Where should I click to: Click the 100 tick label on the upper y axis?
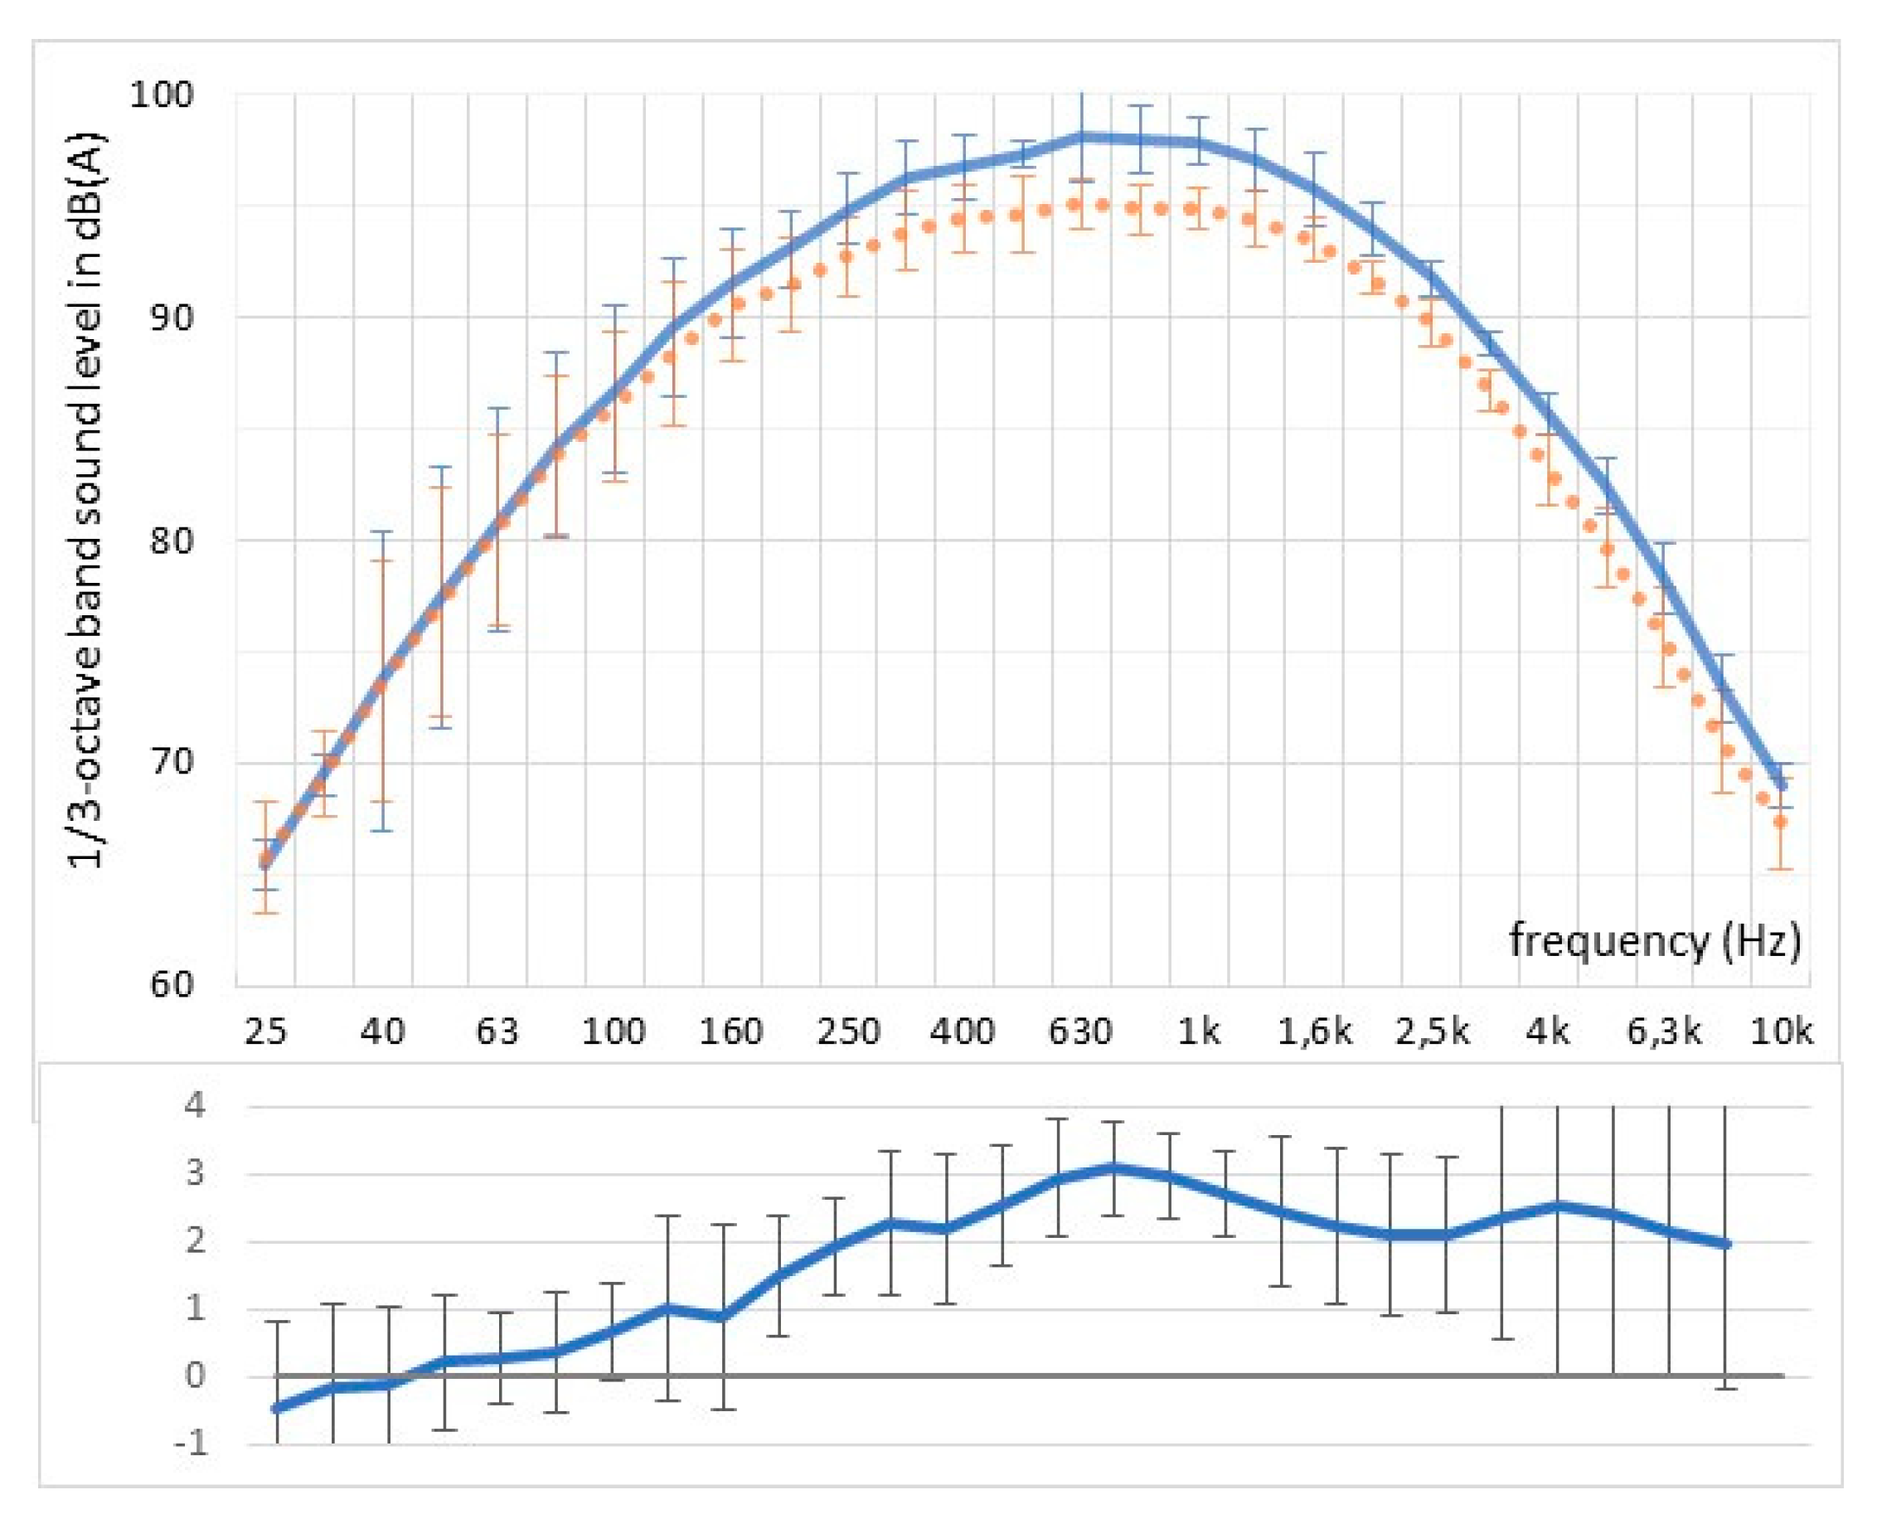click(x=161, y=95)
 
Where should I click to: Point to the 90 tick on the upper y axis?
click(x=170, y=317)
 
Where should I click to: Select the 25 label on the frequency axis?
click(x=265, y=1032)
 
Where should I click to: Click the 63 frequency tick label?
click(x=497, y=1032)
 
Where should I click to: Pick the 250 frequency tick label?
click(x=848, y=1032)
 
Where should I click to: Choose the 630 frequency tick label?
click(x=1081, y=1032)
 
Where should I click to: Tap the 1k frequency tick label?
click(x=1198, y=1032)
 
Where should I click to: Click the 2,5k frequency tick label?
click(x=1432, y=1032)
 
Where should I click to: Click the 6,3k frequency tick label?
click(x=1663, y=1032)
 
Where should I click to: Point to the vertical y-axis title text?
click(x=88, y=499)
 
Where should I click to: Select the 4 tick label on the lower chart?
click(x=195, y=1106)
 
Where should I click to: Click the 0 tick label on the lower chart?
click(x=195, y=1376)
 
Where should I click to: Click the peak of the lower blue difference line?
click(x=1113, y=1168)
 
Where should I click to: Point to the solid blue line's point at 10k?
click(x=1781, y=785)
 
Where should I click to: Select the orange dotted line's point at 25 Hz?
click(x=266, y=861)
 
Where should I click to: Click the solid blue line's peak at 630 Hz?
click(x=1083, y=137)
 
